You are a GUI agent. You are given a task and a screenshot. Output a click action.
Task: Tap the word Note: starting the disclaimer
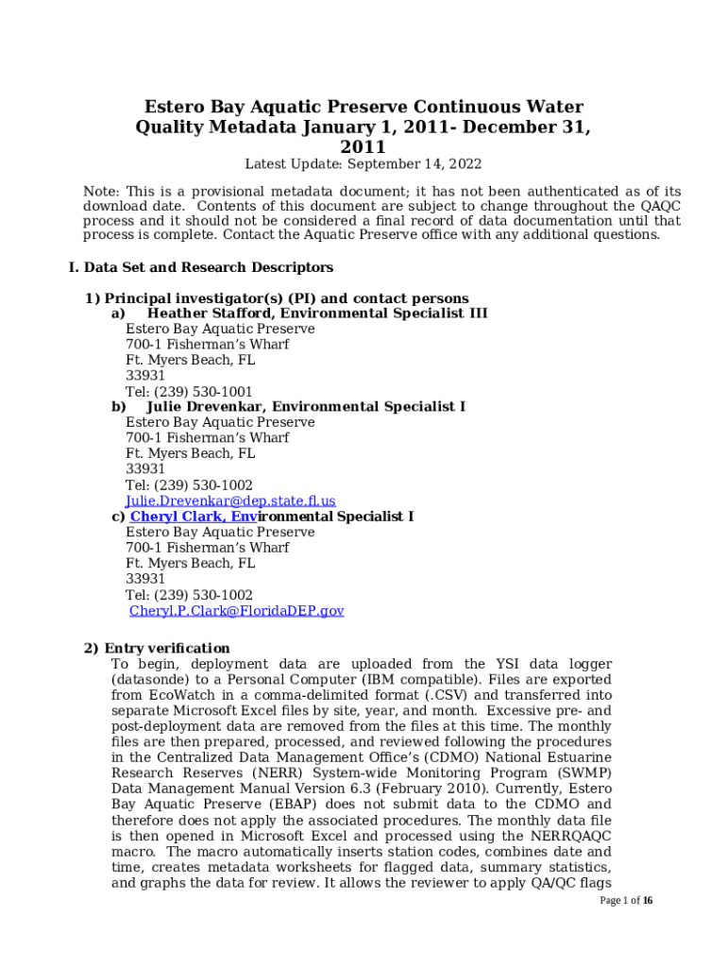(x=102, y=192)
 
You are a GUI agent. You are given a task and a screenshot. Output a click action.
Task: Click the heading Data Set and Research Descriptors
(x=209, y=267)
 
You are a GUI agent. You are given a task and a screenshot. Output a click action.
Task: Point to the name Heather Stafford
(x=207, y=314)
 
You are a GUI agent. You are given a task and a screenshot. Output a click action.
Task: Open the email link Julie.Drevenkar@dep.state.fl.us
(x=230, y=501)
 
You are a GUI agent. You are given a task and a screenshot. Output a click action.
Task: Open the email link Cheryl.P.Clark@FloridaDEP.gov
(x=237, y=611)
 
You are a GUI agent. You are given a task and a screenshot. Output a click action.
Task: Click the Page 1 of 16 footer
(x=626, y=901)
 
